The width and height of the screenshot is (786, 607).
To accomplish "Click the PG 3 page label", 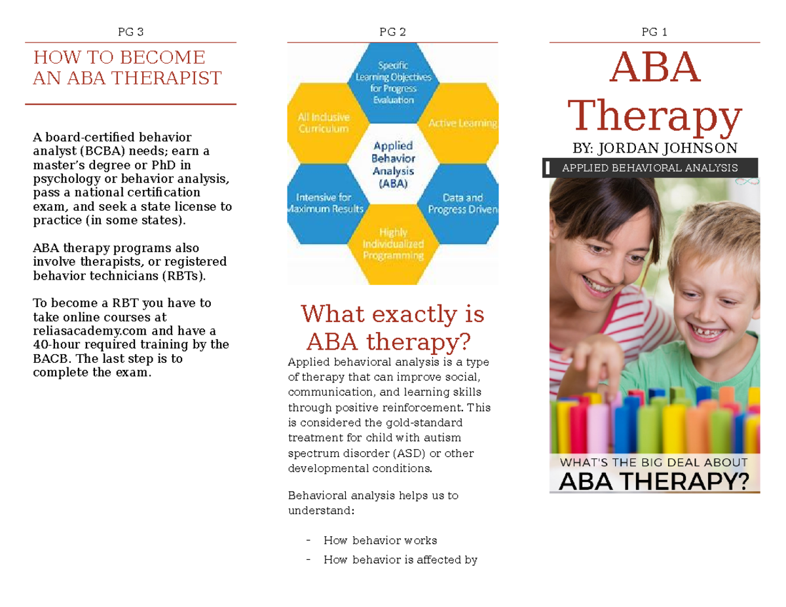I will (130, 31).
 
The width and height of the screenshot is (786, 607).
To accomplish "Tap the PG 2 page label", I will (392, 31).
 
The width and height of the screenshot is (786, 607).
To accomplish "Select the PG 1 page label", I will (654, 31).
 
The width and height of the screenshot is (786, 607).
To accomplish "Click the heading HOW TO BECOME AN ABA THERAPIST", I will (128, 68).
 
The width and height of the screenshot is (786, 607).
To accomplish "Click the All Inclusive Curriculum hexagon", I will (324, 122).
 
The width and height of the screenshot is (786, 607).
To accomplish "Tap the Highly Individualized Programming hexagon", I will (392, 244).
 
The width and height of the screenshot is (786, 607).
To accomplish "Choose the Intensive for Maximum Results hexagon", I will (324, 203).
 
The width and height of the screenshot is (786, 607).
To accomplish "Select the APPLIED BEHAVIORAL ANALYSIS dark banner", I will (650, 168).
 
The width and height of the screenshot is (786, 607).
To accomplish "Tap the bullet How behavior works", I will (380, 540).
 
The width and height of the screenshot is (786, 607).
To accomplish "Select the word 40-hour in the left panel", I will (56, 345).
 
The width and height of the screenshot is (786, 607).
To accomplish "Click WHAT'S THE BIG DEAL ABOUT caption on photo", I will (654, 462).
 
